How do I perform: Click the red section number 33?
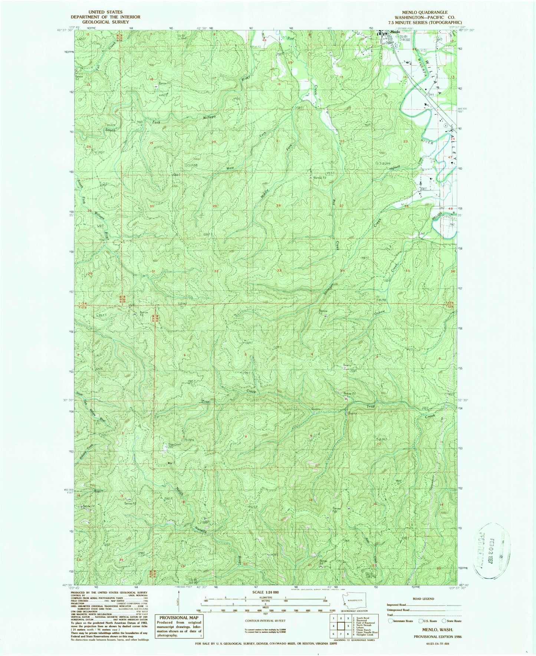(279, 270)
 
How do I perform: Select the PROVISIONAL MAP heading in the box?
(179, 618)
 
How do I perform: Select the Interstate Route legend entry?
(402, 621)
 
